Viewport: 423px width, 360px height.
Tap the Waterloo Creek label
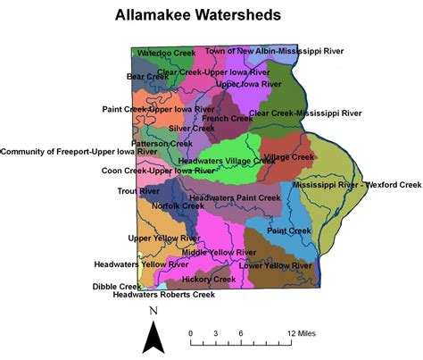click(x=165, y=54)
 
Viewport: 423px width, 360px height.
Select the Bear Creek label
click(x=147, y=77)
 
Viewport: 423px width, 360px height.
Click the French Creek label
click(x=228, y=118)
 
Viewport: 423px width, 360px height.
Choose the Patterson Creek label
click(x=162, y=143)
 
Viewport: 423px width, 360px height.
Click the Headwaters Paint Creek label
click(x=235, y=197)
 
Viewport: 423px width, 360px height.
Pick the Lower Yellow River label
click(x=276, y=265)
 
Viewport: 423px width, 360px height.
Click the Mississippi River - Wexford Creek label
click(x=361, y=185)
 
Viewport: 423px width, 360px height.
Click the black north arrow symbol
click(x=154, y=337)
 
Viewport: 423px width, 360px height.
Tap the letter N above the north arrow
click(x=153, y=310)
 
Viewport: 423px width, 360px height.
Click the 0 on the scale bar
click(x=191, y=332)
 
